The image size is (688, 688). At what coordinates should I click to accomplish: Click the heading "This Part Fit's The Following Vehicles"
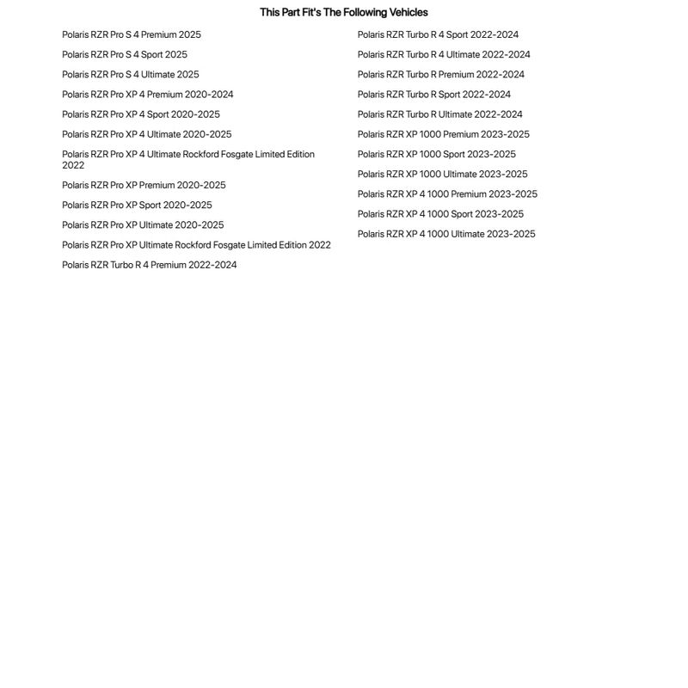tap(343, 12)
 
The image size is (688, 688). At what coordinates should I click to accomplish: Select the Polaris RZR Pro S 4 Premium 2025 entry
tap(132, 34)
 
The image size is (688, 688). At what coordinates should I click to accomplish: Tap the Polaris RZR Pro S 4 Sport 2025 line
tap(125, 54)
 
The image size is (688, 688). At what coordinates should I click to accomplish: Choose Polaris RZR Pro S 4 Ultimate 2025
tap(131, 75)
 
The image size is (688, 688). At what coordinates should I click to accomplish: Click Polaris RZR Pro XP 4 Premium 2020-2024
tap(148, 95)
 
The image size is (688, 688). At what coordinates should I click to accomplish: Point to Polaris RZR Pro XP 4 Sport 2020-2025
tap(141, 114)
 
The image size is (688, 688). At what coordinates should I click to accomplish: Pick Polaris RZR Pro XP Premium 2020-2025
tap(144, 185)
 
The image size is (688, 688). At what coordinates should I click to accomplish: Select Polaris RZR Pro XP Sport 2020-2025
tap(137, 205)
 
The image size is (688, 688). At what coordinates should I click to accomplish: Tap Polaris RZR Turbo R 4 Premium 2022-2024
tap(150, 265)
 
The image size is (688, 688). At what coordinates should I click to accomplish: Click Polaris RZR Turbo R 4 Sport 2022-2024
tap(438, 34)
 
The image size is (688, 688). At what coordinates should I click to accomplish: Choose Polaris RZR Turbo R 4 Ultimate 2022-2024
tap(444, 54)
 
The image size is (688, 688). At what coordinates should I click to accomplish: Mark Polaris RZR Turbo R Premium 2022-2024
tap(441, 75)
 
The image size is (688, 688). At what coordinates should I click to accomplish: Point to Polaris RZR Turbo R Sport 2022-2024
tap(434, 95)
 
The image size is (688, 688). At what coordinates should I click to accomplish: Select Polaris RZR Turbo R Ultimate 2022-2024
tap(440, 114)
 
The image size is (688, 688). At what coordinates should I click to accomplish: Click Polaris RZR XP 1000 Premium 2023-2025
tap(444, 134)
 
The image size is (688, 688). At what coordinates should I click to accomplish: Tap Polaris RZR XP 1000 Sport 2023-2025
tap(437, 154)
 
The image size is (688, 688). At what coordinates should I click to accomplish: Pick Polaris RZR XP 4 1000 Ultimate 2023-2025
tap(446, 234)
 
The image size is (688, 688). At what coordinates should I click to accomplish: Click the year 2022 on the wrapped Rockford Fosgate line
tap(73, 165)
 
